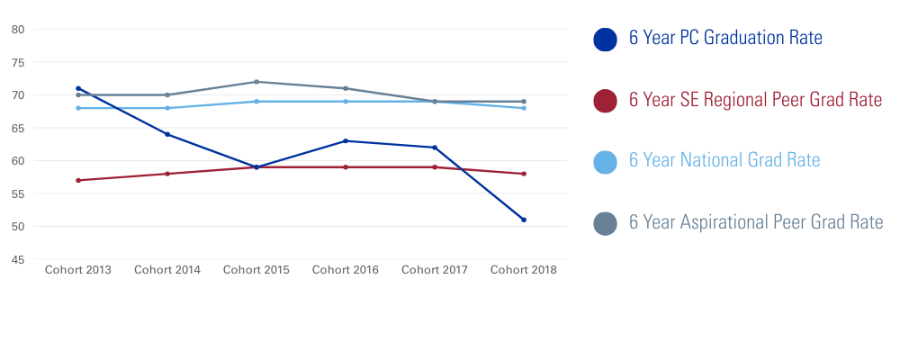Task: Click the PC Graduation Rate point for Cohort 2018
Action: tap(524, 220)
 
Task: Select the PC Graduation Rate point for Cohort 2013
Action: tap(78, 88)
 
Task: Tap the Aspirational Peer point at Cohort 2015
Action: tap(256, 82)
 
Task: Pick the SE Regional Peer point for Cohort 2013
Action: tap(78, 180)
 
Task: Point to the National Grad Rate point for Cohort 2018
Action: tap(524, 108)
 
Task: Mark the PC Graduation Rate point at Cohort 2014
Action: tap(167, 134)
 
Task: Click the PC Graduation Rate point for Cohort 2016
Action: tap(346, 140)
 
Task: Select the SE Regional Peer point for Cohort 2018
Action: tap(524, 174)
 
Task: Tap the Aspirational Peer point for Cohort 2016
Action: tap(346, 88)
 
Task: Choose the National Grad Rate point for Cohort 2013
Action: tap(78, 108)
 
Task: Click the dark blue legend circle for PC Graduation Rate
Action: tap(606, 39)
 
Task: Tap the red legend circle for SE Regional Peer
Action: tap(606, 101)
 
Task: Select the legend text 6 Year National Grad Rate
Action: tap(724, 161)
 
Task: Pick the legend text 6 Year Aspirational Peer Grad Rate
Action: tap(756, 222)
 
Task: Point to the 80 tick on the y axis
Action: tap(18, 30)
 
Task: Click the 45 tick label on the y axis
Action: tap(18, 259)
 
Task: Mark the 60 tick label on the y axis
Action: tap(18, 161)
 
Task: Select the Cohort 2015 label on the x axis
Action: tap(256, 270)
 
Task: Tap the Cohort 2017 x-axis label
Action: tap(435, 270)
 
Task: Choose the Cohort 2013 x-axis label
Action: tap(78, 270)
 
